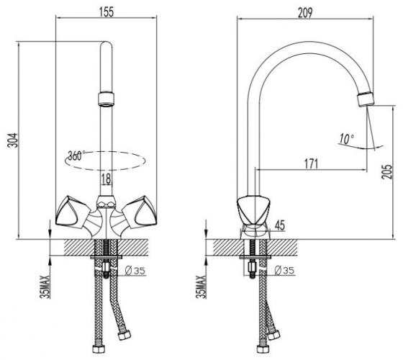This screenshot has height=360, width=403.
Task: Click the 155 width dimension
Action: (x=107, y=12)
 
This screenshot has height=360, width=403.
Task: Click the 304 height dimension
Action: (x=13, y=140)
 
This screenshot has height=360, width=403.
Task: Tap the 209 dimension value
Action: (x=305, y=13)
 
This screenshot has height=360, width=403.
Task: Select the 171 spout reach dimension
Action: (x=311, y=163)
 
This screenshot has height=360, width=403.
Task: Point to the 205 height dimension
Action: (x=387, y=171)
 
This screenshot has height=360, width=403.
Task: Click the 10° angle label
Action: (x=347, y=139)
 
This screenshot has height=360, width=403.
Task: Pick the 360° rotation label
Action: (x=76, y=156)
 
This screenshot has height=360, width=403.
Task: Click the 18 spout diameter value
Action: (x=106, y=179)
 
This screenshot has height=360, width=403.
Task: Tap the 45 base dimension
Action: (x=280, y=225)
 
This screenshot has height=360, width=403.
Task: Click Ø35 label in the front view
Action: (x=135, y=271)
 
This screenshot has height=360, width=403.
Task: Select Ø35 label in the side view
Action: (x=284, y=270)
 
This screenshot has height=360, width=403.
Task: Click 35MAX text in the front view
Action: (x=45, y=287)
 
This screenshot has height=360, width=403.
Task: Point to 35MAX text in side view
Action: (x=201, y=287)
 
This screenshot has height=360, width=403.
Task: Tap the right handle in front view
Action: (x=139, y=212)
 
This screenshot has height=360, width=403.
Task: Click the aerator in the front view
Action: (x=106, y=99)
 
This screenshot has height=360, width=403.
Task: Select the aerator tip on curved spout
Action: (x=366, y=99)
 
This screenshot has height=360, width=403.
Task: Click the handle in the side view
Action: (x=253, y=210)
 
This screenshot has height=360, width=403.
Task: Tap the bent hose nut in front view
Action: (x=124, y=335)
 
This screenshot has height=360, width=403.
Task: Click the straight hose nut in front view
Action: (x=99, y=348)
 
